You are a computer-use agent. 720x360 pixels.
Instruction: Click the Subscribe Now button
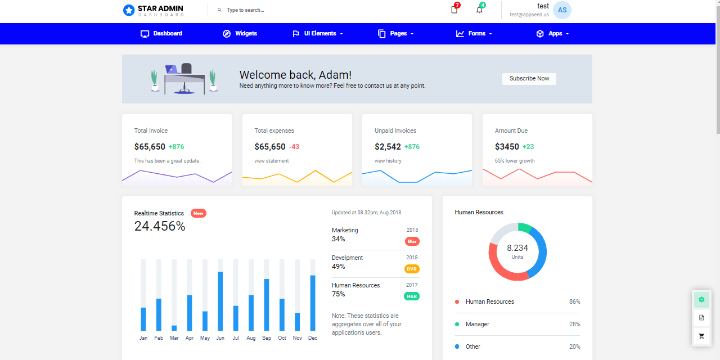[529, 79]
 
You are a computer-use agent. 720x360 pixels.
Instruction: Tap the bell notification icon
[479, 10]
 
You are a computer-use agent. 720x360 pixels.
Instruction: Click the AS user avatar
[562, 10]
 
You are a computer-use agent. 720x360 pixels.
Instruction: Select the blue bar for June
[220, 301]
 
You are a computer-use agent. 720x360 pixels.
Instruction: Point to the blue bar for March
[174, 328]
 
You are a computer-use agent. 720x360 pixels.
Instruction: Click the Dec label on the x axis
[313, 338]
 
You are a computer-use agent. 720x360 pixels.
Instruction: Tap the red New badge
[198, 213]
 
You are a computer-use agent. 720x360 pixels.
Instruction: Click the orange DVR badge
[412, 269]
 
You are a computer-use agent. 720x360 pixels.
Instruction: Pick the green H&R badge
[412, 296]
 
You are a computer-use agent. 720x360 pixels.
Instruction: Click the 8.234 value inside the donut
[517, 248]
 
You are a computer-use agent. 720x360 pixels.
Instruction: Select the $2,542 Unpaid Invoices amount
[388, 147]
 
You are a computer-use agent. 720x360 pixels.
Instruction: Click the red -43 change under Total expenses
[294, 147]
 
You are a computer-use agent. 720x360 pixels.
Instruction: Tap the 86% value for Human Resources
[574, 302]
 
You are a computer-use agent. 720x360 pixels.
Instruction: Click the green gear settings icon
[701, 299]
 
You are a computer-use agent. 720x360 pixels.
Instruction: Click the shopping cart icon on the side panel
[701, 336]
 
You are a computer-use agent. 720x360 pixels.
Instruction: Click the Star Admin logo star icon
[129, 10]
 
